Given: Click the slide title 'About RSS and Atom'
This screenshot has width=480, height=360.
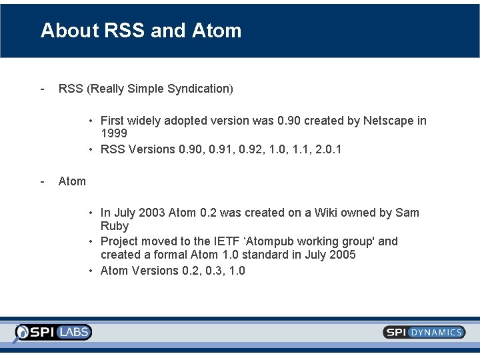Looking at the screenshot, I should click(141, 31).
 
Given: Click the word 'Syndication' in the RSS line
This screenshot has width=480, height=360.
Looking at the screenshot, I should click(201, 89).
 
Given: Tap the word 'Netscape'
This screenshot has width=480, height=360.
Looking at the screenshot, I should click(388, 121).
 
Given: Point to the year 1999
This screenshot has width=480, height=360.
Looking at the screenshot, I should click(114, 134).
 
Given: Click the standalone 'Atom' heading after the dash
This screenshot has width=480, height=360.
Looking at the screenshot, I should click(72, 181).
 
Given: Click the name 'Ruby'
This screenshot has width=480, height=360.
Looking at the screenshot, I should click(115, 226).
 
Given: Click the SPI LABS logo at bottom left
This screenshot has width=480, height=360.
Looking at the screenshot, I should click(54, 332).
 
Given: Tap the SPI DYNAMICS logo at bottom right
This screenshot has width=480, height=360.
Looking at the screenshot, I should click(424, 332).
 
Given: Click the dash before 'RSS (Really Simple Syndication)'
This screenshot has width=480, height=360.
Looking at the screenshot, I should click(43, 89).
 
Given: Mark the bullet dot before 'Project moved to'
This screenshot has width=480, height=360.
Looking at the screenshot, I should click(92, 241).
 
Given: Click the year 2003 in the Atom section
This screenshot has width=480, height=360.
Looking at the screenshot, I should click(151, 213).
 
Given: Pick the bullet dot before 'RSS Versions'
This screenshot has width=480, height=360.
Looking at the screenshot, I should click(92, 149).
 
